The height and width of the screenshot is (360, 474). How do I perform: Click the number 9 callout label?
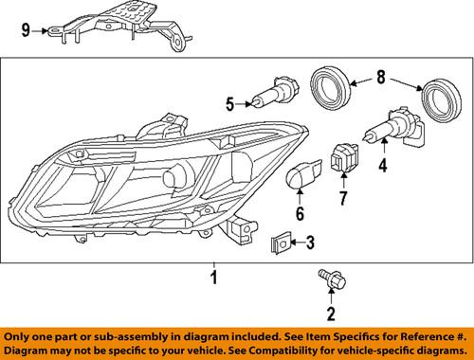point(27,30)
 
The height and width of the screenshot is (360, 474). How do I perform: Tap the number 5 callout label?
point(228,103)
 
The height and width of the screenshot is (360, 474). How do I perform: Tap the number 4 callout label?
point(384,169)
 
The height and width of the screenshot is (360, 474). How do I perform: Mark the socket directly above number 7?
point(343,155)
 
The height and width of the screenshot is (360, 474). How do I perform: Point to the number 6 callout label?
point(301,214)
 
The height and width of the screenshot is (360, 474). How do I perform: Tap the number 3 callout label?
point(309,244)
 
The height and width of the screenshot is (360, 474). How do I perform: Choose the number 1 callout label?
point(214,278)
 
